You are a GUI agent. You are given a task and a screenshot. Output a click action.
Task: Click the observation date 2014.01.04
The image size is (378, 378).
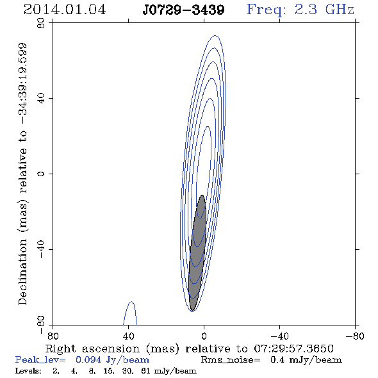65,10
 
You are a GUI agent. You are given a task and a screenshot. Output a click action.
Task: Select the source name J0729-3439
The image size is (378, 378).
183,10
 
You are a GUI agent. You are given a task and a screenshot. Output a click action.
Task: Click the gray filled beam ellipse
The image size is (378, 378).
197,252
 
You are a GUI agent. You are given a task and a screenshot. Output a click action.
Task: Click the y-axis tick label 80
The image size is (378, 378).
41,23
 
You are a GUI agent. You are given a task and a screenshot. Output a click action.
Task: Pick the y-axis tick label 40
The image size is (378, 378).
41,99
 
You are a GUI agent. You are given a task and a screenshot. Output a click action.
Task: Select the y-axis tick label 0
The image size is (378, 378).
41,174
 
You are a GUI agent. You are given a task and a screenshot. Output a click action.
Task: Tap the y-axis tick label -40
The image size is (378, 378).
41,249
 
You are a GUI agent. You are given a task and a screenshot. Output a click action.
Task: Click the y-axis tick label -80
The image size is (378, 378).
41,324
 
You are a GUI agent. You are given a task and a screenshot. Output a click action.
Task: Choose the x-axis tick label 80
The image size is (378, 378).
53,336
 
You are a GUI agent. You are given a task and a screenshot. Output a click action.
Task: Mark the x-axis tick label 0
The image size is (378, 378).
204,336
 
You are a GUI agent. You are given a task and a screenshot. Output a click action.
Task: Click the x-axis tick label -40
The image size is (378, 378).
279,336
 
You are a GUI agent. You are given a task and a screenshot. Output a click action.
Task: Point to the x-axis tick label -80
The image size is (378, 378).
355,336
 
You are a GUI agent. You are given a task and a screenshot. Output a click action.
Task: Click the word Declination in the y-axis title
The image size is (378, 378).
22,272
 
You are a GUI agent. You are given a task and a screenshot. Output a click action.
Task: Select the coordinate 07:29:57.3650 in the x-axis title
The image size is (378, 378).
293,349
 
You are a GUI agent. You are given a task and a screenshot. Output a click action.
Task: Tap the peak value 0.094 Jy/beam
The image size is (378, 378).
112,360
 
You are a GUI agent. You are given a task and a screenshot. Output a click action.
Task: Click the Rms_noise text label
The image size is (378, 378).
231,360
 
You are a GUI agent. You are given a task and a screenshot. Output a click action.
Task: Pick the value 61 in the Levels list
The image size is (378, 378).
145,370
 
